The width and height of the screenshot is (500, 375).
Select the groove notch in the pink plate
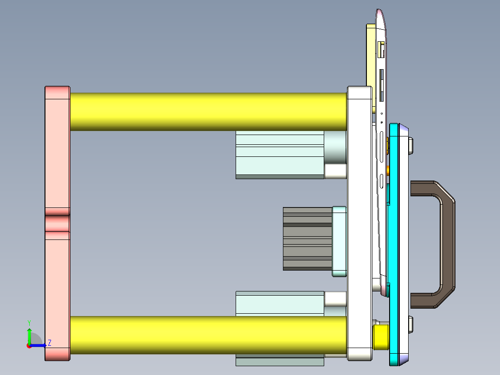click(57, 223)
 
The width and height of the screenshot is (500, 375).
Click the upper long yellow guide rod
click(209, 112)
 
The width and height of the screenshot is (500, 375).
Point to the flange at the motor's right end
click(340, 241)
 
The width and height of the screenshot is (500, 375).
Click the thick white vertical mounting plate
click(359, 223)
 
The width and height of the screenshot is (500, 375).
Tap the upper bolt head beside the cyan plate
click(410, 145)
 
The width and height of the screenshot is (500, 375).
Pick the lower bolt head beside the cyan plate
click(410, 324)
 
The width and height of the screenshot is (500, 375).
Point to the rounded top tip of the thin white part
click(379, 13)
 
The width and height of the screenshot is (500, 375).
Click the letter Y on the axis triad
click(29, 322)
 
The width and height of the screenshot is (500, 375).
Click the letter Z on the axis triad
click(49, 343)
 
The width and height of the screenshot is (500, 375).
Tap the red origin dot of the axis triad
click(29, 346)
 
